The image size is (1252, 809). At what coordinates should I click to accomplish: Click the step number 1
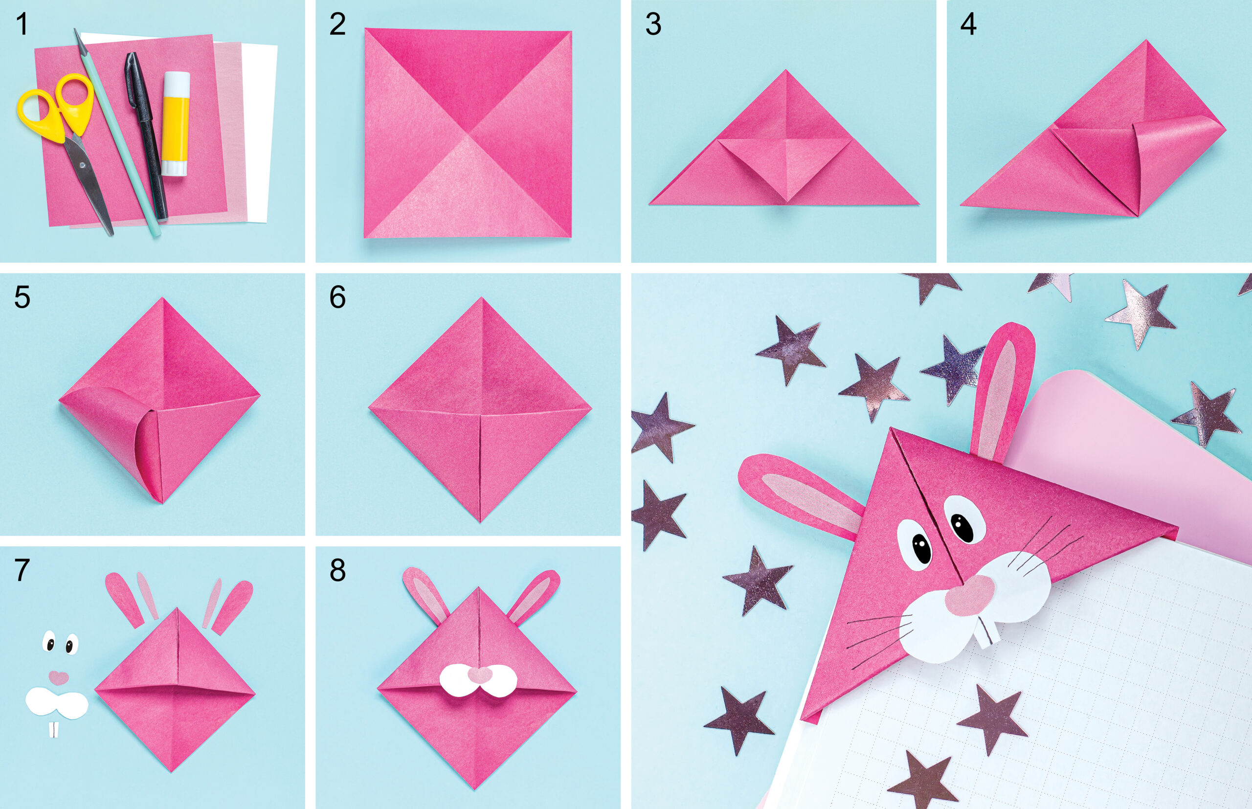(22, 24)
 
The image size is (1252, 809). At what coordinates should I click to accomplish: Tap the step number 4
(968, 24)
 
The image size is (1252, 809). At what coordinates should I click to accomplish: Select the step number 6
(337, 297)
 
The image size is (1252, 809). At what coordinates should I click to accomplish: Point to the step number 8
(337, 570)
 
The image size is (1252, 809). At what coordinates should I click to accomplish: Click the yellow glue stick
(176, 124)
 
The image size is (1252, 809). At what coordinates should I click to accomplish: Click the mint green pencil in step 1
(118, 132)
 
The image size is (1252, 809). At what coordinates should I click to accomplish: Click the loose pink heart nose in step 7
(59, 677)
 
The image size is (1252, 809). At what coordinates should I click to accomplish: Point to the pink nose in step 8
(478, 674)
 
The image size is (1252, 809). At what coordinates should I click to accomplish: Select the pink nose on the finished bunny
(970, 595)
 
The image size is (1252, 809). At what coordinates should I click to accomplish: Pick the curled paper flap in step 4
(1171, 157)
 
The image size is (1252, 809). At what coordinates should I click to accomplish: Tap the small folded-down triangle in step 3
(785, 165)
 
